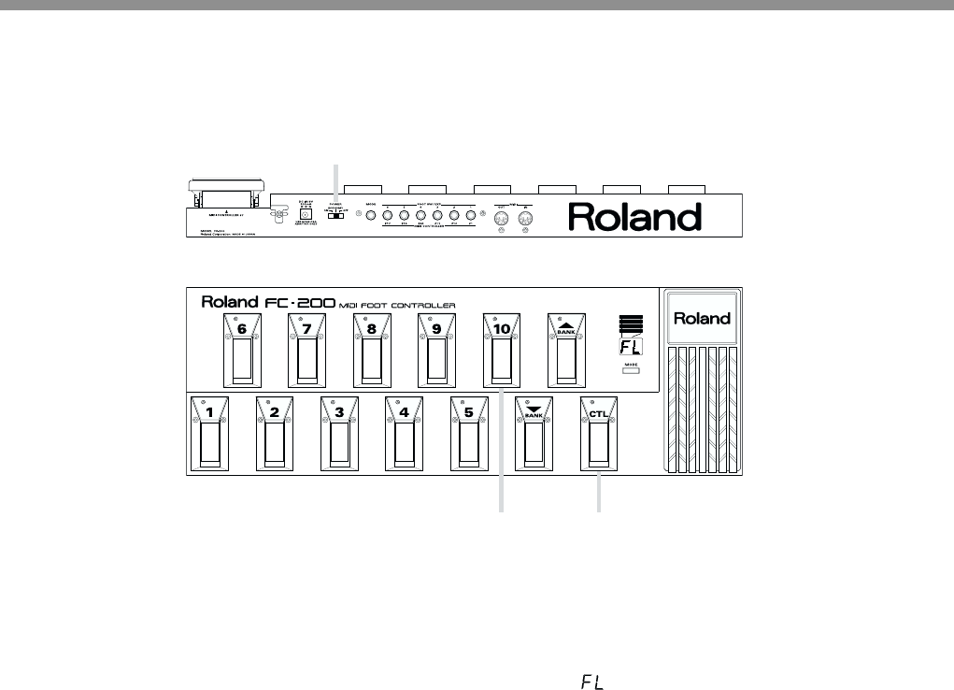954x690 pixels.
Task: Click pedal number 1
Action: point(210,434)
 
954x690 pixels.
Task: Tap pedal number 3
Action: point(340,434)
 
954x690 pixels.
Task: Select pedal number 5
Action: point(469,434)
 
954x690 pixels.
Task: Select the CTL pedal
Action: point(599,434)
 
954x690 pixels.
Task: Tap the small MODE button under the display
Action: point(632,372)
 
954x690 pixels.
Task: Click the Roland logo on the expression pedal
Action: point(703,318)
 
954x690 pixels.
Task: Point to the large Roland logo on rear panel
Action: point(635,218)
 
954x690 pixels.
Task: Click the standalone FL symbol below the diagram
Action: point(591,683)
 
